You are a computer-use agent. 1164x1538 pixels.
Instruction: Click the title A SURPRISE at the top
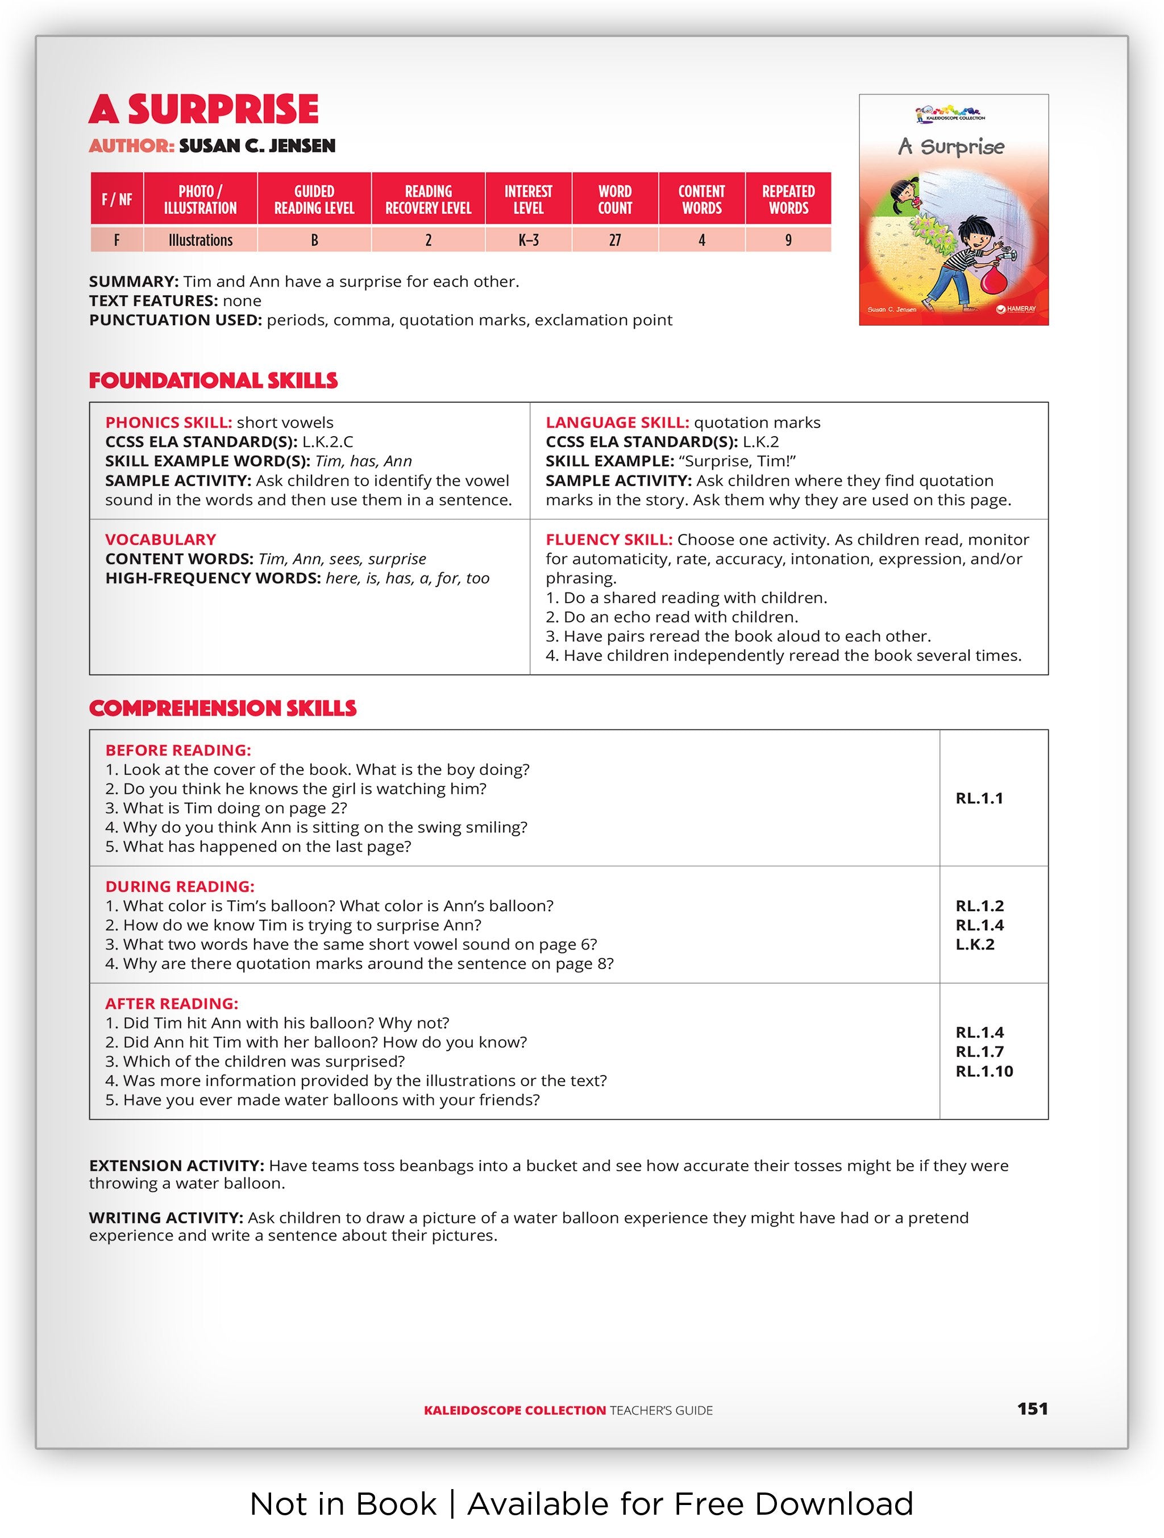point(203,109)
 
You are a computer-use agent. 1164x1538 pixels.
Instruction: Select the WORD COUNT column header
point(614,199)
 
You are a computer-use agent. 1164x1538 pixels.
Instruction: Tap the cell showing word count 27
point(614,240)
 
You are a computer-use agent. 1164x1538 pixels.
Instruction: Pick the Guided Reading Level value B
point(314,240)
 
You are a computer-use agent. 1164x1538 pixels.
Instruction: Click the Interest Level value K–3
point(528,240)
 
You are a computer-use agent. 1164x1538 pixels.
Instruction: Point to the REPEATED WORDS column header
point(788,199)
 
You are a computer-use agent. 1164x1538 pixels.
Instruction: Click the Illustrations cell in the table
point(200,240)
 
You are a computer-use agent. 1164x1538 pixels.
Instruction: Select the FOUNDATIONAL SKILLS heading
point(213,380)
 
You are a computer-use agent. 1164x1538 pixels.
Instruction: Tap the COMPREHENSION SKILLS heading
point(222,708)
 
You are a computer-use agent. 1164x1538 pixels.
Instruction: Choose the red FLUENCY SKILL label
point(609,540)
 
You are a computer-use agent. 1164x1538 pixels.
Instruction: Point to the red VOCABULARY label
point(160,540)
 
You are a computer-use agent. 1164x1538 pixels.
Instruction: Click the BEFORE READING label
point(178,750)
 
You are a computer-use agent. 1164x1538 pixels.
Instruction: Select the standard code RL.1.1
point(979,798)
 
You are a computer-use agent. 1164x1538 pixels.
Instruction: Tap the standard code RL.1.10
point(984,1071)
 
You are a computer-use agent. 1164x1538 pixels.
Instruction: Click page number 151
point(1032,1409)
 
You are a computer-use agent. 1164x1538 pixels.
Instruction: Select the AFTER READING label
point(172,1004)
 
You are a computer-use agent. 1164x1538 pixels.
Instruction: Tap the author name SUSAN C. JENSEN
point(257,146)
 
